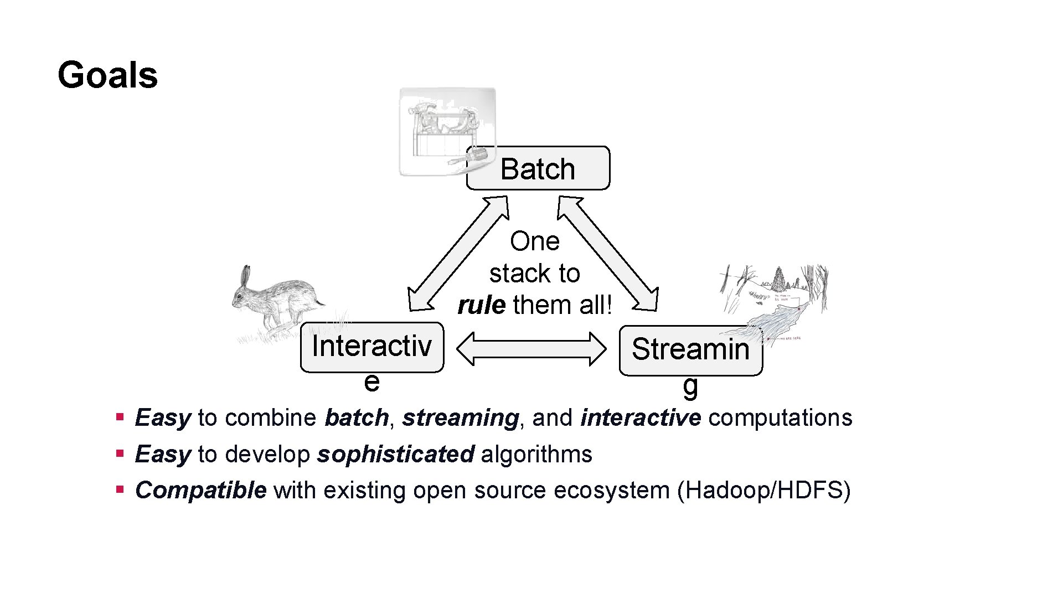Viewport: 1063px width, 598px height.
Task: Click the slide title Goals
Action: (x=107, y=75)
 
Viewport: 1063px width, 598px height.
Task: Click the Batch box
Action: (x=538, y=169)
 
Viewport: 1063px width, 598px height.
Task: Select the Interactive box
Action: (x=371, y=347)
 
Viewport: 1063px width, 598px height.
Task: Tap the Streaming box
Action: (x=690, y=350)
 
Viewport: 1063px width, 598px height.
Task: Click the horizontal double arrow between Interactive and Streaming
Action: (x=531, y=349)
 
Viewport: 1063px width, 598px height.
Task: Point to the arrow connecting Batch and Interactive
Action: (x=458, y=254)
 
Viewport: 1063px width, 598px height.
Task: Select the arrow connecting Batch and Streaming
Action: (x=607, y=254)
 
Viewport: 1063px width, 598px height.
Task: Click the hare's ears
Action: (x=245, y=276)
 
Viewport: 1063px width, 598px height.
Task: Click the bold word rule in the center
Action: (x=481, y=305)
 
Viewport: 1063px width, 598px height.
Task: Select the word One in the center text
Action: (x=534, y=241)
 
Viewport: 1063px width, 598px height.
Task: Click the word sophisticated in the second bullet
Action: (x=395, y=455)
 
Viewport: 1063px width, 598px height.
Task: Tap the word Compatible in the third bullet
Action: (x=200, y=491)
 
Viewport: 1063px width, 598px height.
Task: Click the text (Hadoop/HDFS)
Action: (x=763, y=491)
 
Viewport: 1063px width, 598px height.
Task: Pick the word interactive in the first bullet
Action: (x=641, y=418)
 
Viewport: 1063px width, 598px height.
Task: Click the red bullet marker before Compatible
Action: (x=119, y=489)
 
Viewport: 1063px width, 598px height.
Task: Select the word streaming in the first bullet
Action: (x=460, y=418)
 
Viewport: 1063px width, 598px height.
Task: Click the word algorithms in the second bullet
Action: (x=536, y=455)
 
